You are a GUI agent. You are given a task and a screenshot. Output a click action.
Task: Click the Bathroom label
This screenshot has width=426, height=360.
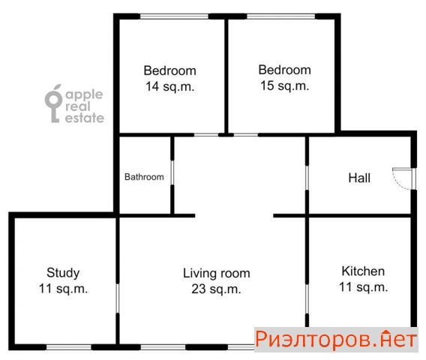(x=144, y=177)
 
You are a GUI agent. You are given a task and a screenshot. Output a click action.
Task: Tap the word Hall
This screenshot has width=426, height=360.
(x=359, y=178)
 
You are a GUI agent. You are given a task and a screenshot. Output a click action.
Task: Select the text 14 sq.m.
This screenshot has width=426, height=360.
(x=170, y=87)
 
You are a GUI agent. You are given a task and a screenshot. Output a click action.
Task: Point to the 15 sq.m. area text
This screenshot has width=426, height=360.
(x=285, y=85)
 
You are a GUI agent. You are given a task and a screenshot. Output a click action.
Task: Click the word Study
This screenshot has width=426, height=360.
(x=63, y=273)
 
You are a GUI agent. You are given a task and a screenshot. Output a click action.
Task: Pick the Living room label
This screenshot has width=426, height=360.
(x=217, y=273)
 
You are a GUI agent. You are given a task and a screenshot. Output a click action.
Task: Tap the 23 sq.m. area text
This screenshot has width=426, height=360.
(x=216, y=289)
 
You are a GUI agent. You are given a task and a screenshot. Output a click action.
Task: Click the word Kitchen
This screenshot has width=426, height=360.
(x=363, y=271)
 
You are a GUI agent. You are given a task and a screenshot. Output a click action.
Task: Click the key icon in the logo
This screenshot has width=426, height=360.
(x=54, y=103)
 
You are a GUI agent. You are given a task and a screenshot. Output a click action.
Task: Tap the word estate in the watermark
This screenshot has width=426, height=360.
(x=85, y=118)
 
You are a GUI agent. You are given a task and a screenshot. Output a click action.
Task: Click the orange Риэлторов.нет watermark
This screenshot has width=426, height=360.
(x=336, y=340)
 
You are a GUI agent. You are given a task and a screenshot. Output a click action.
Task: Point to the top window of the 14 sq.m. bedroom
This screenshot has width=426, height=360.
(x=174, y=16)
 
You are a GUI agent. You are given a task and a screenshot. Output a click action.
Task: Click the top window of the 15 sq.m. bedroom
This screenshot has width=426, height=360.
(x=281, y=16)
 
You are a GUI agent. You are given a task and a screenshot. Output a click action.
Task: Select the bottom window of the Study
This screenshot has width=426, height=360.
(x=69, y=347)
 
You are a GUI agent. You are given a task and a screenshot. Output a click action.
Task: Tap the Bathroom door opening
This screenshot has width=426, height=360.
(x=172, y=172)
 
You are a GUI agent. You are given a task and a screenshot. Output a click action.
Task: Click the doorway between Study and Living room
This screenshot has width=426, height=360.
(x=118, y=298)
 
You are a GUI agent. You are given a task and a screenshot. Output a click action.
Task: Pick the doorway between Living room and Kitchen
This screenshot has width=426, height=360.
(x=307, y=299)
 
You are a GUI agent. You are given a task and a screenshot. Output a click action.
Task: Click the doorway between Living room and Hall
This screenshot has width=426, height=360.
(x=307, y=178)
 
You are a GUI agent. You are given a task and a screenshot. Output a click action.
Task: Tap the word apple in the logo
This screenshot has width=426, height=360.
(x=84, y=95)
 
